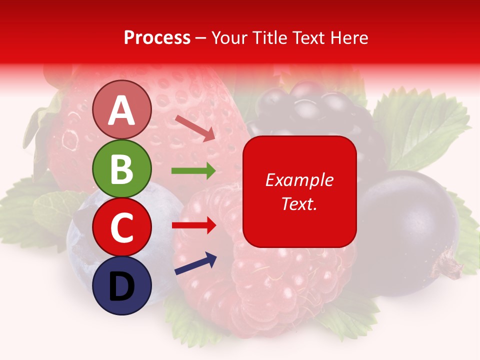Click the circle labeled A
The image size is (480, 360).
tap(121, 109)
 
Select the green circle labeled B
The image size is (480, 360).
tap(121, 168)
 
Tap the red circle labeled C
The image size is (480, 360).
tap(121, 227)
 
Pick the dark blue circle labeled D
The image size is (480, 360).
tap(121, 285)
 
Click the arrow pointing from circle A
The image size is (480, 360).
tap(195, 128)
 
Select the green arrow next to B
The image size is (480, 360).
tap(193, 171)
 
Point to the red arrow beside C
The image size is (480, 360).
tap(193, 225)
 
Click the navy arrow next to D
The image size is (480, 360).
tap(195, 264)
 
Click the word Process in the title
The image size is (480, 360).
tap(157, 37)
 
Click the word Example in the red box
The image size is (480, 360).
tap(299, 180)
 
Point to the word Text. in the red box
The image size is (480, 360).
tap(299, 203)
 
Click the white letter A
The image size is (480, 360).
tap(121, 110)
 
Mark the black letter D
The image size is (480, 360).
tap(121, 286)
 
